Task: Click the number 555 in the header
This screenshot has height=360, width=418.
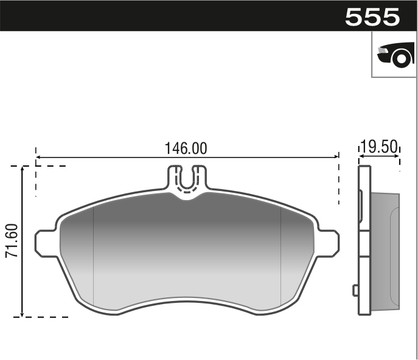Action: coord(372,16)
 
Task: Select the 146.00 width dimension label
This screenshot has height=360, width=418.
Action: coord(186,148)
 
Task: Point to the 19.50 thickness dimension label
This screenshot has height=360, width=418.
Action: coord(378,147)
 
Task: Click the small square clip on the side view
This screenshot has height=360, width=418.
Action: coord(355,290)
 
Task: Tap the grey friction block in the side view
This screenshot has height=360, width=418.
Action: coord(385,249)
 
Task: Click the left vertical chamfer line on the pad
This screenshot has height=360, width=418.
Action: coord(92,255)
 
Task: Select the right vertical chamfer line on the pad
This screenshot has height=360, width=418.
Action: coord(280,255)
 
